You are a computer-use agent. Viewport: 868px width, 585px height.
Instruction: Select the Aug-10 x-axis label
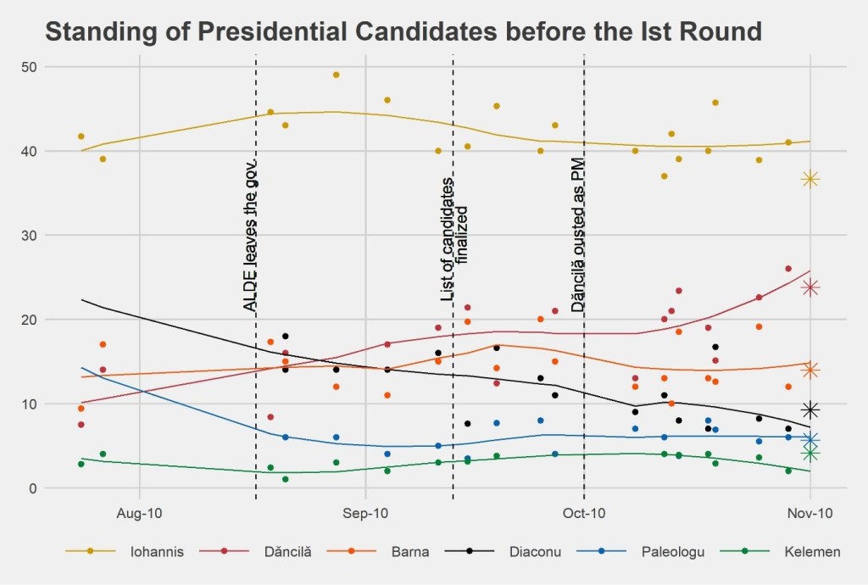pyautogui.click(x=138, y=513)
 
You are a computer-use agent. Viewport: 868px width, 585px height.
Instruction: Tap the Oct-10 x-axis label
pyautogui.click(x=584, y=513)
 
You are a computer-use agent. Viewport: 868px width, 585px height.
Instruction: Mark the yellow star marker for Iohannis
pyautogui.click(x=810, y=179)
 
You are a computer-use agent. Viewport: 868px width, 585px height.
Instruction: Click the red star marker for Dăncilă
pyautogui.click(x=810, y=287)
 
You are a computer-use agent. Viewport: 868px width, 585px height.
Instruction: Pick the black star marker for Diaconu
pyautogui.click(x=810, y=410)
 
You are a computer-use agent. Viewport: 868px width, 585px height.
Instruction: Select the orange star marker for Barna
pyautogui.click(x=810, y=370)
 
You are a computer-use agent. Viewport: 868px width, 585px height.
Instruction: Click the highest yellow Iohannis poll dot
pyautogui.click(x=336, y=75)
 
